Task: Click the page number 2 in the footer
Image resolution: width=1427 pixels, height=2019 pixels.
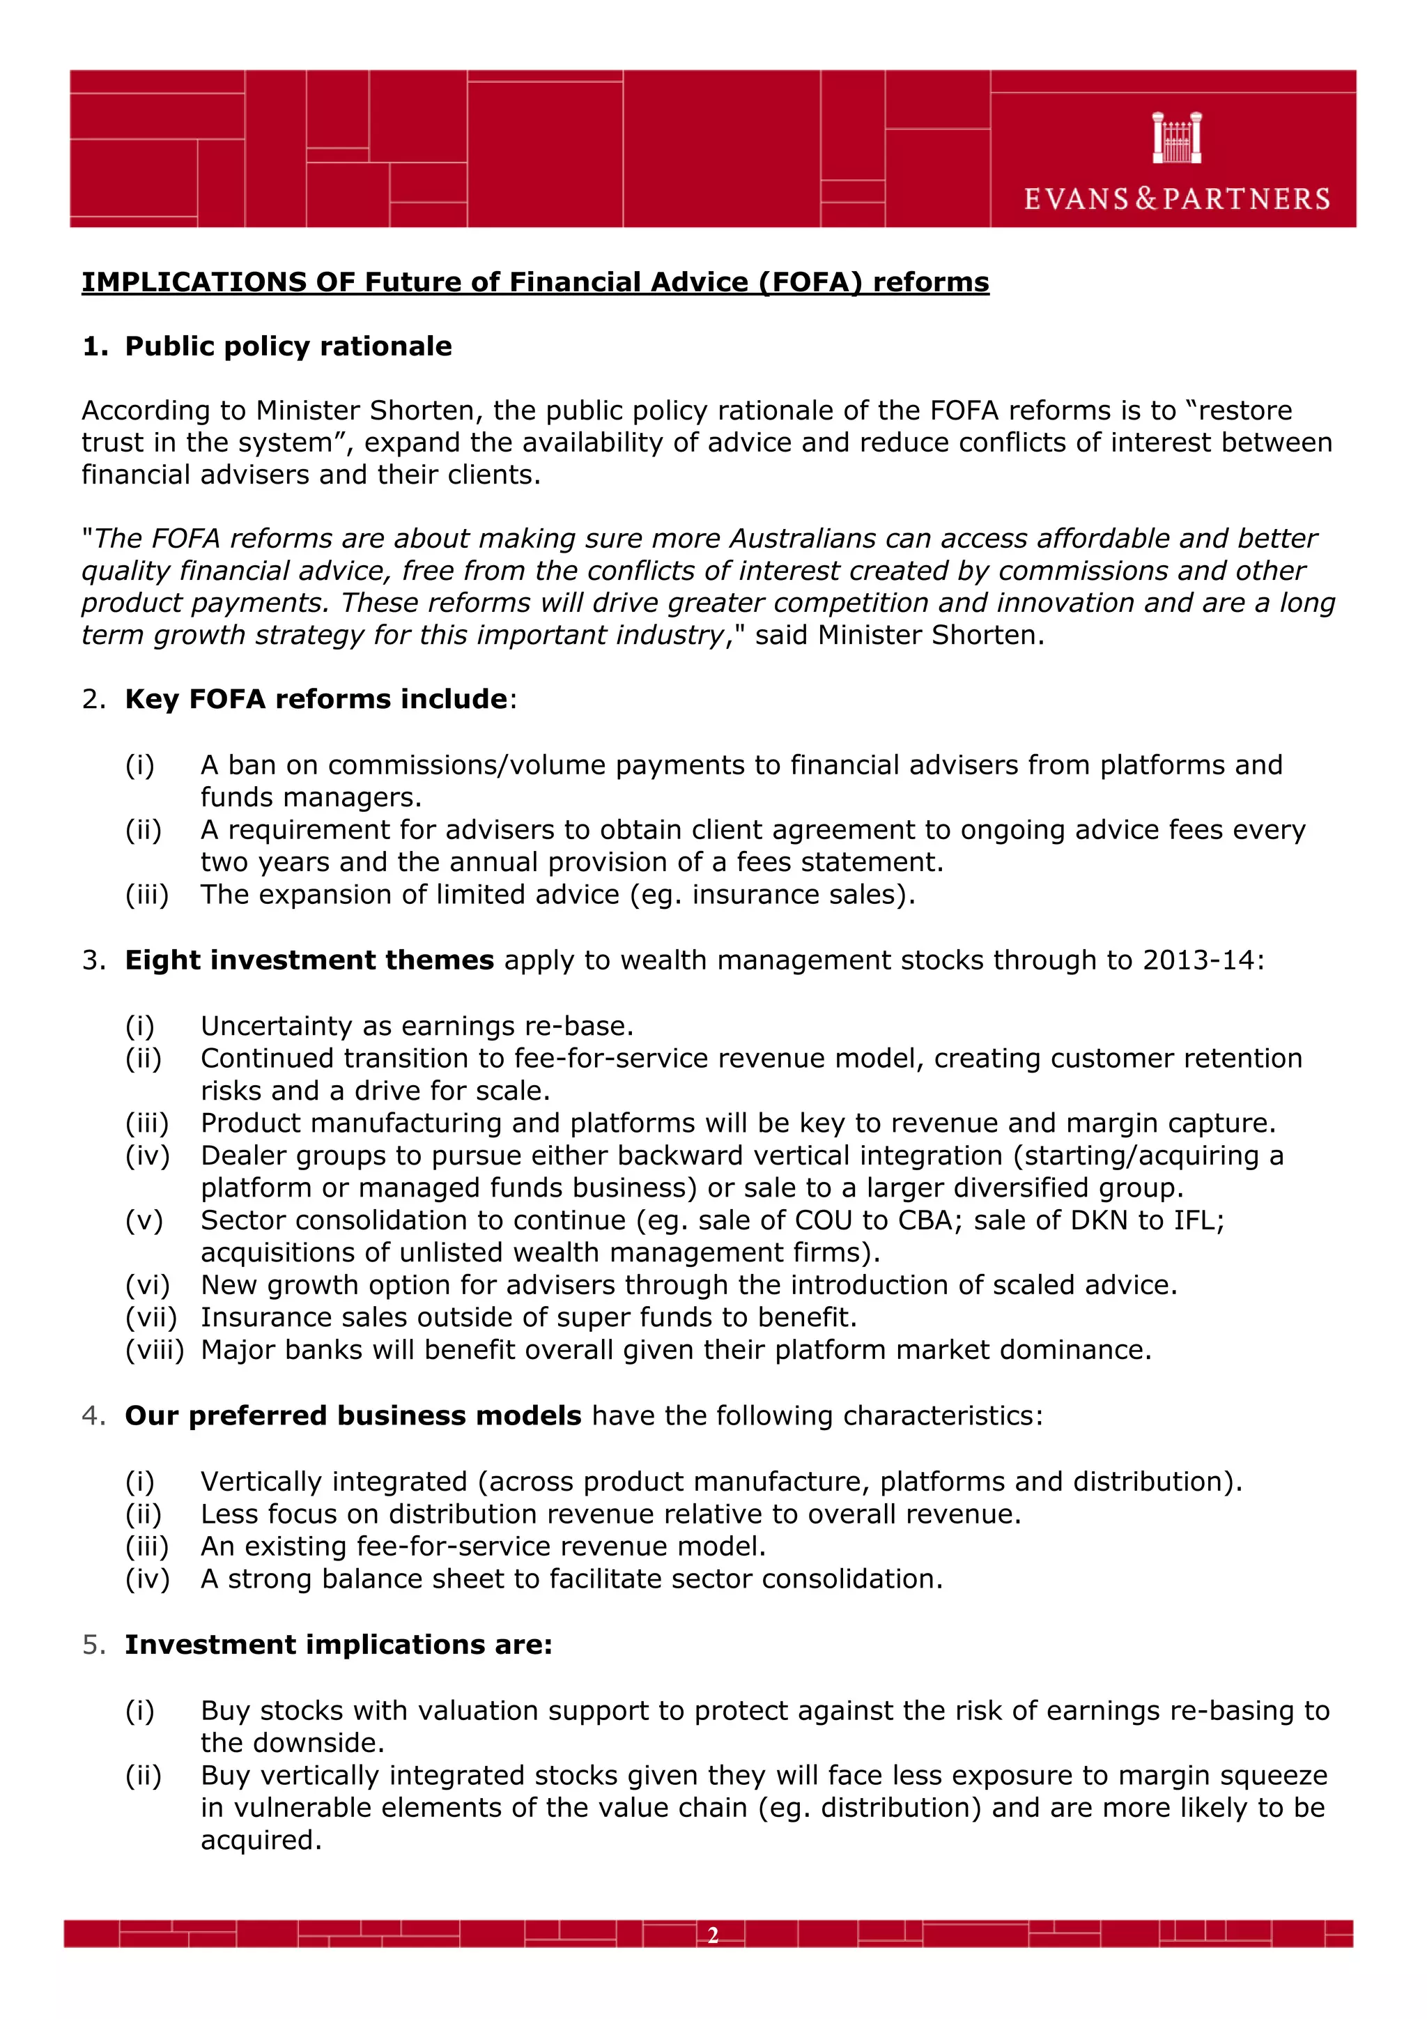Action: [x=712, y=1935]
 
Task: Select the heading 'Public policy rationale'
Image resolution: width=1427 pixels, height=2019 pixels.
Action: [x=288, y=346]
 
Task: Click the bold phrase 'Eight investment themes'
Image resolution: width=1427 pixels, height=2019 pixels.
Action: [x=309, y=960]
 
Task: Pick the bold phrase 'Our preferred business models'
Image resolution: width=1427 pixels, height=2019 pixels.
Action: [x=353, y=1415]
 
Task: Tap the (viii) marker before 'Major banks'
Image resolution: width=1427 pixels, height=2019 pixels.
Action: [x=155, y=1350]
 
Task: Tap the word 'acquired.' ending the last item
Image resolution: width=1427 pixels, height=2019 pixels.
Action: [x=261, y=1841]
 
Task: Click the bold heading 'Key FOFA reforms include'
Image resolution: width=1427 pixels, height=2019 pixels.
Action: [x=316, y=699]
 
